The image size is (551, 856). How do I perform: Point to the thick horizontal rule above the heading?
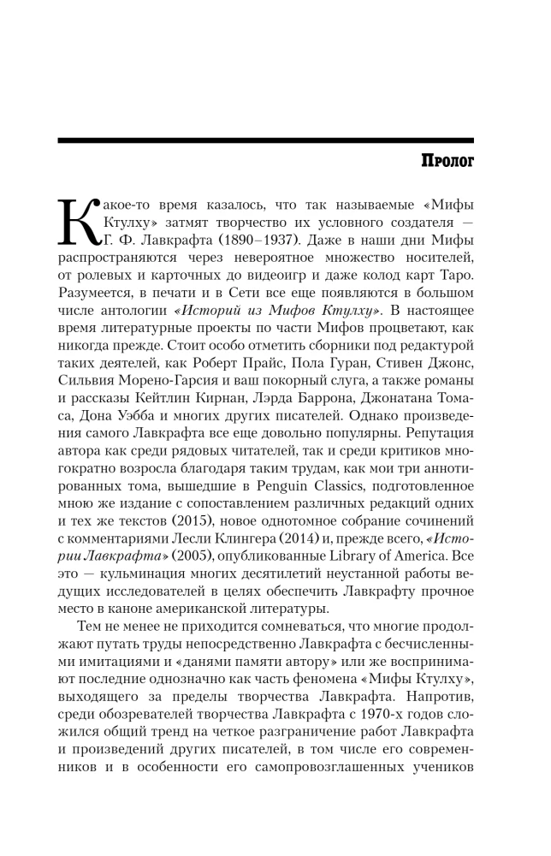(265, 140)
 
